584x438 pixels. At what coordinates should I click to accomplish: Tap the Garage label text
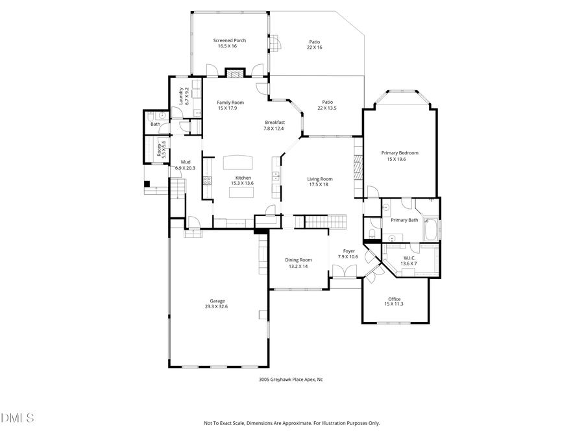pos(217,301)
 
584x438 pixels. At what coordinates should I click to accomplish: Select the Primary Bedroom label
pos(400,153)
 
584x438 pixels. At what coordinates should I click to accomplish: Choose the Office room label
pos(395,299)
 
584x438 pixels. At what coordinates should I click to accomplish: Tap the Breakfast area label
pos(274,123)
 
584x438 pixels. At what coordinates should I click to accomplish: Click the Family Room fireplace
pos(234,73)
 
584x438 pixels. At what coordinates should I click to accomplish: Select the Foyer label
pos(348,250)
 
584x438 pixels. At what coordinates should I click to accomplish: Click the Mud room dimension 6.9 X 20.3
pos(185,168)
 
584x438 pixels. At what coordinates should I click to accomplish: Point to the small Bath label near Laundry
pos(156,124)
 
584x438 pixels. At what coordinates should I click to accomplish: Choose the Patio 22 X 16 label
pos(315,44)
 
